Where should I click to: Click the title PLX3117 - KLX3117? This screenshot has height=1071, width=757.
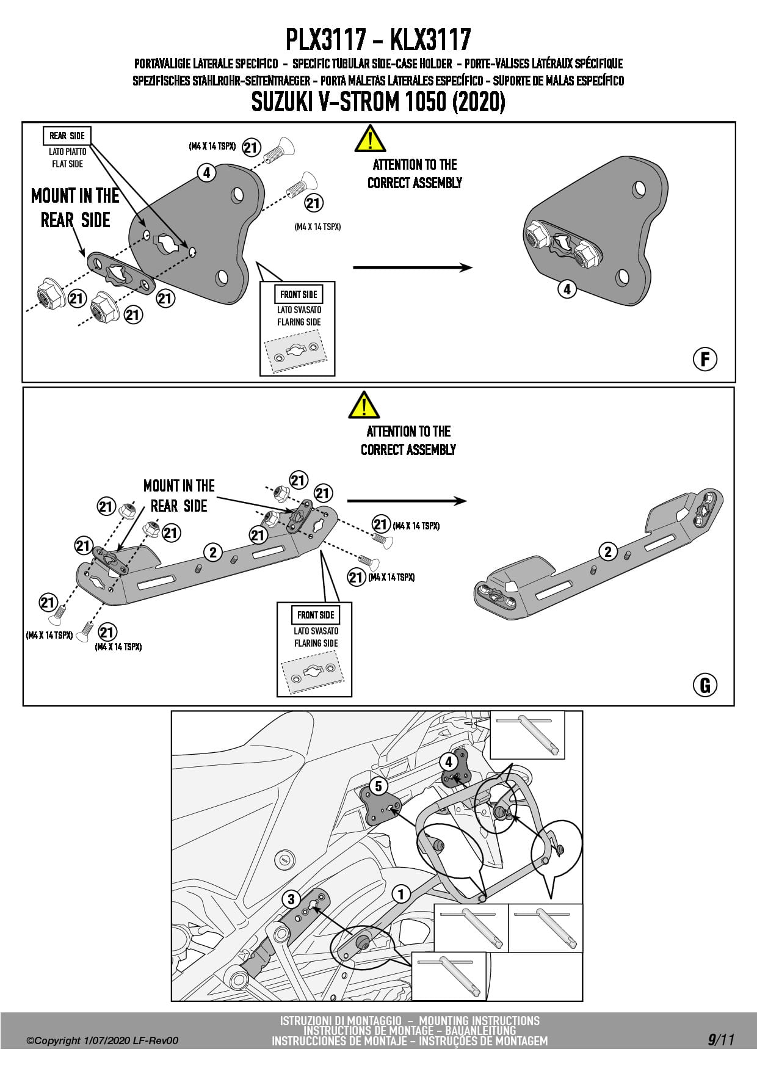(378, 40)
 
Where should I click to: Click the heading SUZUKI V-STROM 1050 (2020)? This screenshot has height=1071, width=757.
(378, 101)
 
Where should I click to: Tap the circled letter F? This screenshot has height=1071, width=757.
(705, 359)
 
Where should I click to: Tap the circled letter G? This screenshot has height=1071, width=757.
(705, 685)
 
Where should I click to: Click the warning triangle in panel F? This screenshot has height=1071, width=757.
(370, 139)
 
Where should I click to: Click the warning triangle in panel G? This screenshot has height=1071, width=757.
(364, 405)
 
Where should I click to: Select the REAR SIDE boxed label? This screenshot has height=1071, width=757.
(67, 136)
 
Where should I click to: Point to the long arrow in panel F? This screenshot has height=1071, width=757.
(413, 267)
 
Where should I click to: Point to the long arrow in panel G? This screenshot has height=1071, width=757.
(407, 501)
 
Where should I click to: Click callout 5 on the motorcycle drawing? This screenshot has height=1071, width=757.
(378, 786)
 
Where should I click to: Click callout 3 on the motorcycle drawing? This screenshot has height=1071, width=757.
(291, 899)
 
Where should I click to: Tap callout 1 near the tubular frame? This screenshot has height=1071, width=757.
(401, 895)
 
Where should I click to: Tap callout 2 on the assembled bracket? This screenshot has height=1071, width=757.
(607, 552)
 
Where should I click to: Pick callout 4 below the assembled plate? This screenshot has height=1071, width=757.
(567, 289)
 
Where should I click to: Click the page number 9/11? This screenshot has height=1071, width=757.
(721, 1039)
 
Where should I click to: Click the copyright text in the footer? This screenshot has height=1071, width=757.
(103, 1040)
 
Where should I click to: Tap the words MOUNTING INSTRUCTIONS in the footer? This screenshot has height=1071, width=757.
(479, 1021)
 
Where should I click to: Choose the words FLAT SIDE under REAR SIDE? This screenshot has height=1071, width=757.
(67, 164)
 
